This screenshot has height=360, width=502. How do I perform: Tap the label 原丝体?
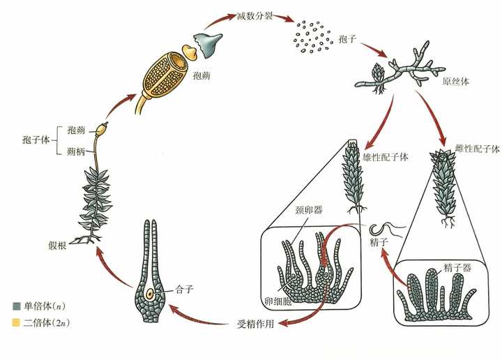click(x=455, y=82)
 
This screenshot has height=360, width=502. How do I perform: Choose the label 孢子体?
click(x=36, y=140)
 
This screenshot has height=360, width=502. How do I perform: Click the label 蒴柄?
click(x=76, y=151)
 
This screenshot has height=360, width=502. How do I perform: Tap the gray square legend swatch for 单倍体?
click(x=16, y=306)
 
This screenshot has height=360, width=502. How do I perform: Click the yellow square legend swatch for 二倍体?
click(x=16, y=322)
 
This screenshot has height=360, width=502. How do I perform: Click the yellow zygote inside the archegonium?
click(x=150, y=294)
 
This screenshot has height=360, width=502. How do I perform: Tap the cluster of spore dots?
click(x=311, y=36)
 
